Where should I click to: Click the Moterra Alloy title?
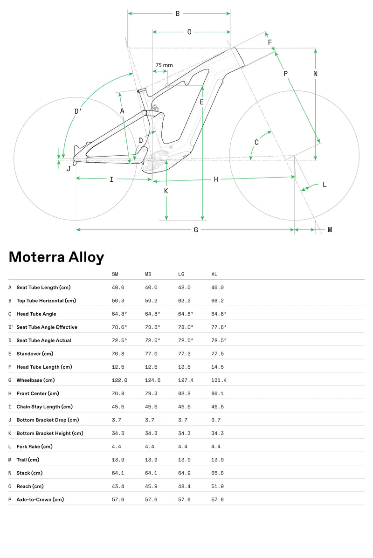pyautogui.click(x=56, y=257)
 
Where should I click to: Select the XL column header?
pyautogui.click(x=215, y=274)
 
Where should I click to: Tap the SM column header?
pyautogui.click(x=115, y=274)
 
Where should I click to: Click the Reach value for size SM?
pyautogui.click(x=118, y=486)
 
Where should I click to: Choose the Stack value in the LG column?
pyautogui.click(x=184, y=473)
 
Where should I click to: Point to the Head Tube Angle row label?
pyautogui.click(x=36, y=314)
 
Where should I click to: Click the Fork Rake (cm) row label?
pyautogui.click(x=35, y=447)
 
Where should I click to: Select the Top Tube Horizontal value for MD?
pyautogui.click(x=151, y=301)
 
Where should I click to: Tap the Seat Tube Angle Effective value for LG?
pyautogui.click(x=186, y=327)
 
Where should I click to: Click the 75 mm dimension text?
pyautogui.click(x=164, y=65)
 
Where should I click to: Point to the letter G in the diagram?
pyautogui.click(x=196, y=230)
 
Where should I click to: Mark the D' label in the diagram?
pyautogui.click(x=78, y=111)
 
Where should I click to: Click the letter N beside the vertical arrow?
pyautogui.click(x=316, y=74)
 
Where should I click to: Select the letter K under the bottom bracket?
pyautogui.click(x=166, y=191)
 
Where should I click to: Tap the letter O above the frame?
pyautogui.click(x=189, y=32)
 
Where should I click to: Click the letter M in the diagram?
pyautogui.click(x=330, y=230)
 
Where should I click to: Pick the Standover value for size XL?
pyautogui.click(x=218, y=354)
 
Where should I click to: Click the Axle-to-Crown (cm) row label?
pyautogui.click(x=40, y=500)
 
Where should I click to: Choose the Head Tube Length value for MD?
pyautogui.click(x=151, y=367)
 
